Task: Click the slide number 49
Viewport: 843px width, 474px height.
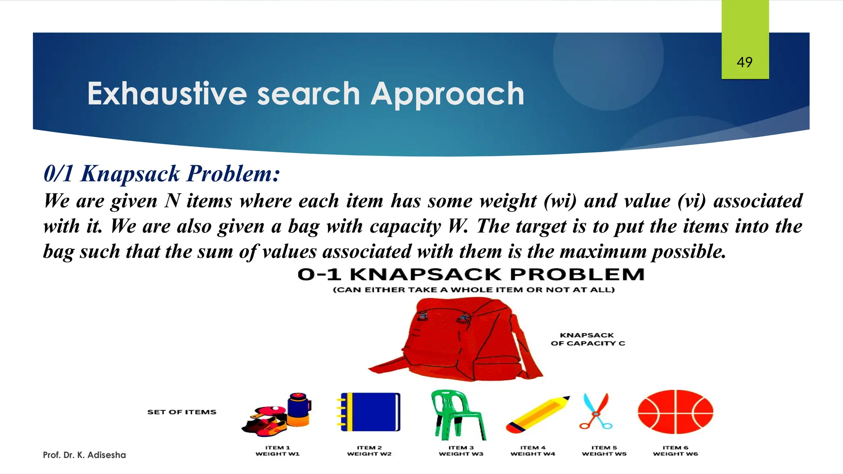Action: click(x=745, y=62)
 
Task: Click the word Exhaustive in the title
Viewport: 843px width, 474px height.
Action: click(x=167, y=94)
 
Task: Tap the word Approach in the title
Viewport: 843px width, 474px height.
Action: click(x=447, y=95)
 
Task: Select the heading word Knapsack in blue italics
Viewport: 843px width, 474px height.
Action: click(x=130, y=174)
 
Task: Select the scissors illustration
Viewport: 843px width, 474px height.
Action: click(x=596, y=411)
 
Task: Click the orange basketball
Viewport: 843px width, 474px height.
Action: click(x=675, y=412)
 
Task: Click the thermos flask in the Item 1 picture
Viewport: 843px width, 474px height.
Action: click(x=298, y=409)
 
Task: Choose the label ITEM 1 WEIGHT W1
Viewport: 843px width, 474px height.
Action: click(x=277, y=451)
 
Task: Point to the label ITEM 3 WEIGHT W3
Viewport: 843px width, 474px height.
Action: click(x=461, y=451)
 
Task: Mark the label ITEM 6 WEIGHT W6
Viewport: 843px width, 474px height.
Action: click(x=675, y=451)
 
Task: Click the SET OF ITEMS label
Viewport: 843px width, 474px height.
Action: click(x=182, y=412)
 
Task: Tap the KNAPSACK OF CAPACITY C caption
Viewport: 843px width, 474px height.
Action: click(x=588, y=339)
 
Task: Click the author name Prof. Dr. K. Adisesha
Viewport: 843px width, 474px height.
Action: click(x=84, y=455)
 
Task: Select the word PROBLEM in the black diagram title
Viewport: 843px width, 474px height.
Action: click(x=577, y=274)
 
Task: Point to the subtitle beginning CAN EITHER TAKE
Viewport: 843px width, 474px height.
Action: click(x=473, y=290)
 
